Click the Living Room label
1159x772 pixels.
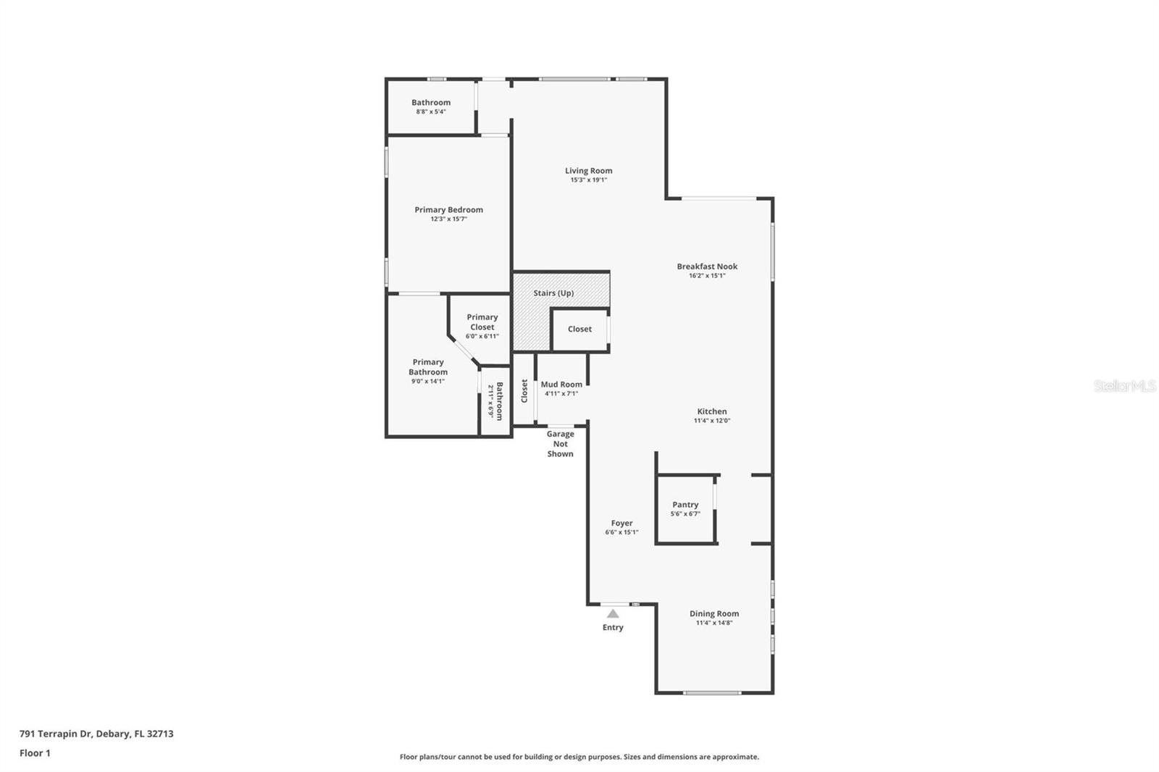(x=588, y=171)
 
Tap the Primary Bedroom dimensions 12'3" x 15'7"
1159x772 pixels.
(x=448, y=219)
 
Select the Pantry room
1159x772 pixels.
(x=685, y=508)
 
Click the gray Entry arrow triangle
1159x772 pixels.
(x=613, y=613)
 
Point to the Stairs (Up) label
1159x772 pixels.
(x=553, y=293)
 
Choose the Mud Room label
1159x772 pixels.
(x=561, y=385)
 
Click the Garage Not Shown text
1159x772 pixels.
(x=560, y=444)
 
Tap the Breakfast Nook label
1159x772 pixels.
(x=707, y=267)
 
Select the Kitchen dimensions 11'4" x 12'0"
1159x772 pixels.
(x=712, y=421)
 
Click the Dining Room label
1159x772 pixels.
(x=714, y=613)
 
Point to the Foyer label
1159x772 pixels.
(x=622, y=523)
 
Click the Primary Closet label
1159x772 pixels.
(x=482, y=322)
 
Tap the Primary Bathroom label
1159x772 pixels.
(x=428, y=366)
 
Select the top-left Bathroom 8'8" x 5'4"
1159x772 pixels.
(x=431, y=106)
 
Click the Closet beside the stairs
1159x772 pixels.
(x=579, y=329)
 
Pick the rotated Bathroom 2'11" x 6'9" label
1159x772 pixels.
(x=495, y=401)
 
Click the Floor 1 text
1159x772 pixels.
(x=35, y=753)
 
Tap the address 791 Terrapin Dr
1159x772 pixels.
(x=96, y=734)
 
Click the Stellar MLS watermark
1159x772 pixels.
(x=1124, y=386)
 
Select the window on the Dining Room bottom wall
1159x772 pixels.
(x=712, y=693)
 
